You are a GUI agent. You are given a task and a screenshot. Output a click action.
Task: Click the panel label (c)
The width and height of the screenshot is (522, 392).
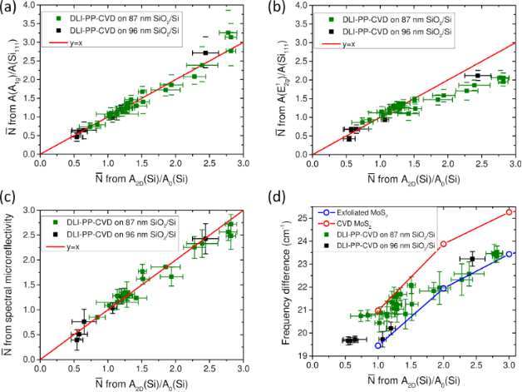(7, 205)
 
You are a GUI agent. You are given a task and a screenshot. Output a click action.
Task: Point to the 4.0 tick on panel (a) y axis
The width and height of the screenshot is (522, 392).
(31, 6)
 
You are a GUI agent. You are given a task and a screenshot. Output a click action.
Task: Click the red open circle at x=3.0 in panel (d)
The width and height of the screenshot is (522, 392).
(509, 212)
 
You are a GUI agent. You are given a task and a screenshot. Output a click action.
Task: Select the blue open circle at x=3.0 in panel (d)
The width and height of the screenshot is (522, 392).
(509, 254)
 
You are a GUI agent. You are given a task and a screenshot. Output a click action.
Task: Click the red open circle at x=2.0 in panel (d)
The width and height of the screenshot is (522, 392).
(444, 244)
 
